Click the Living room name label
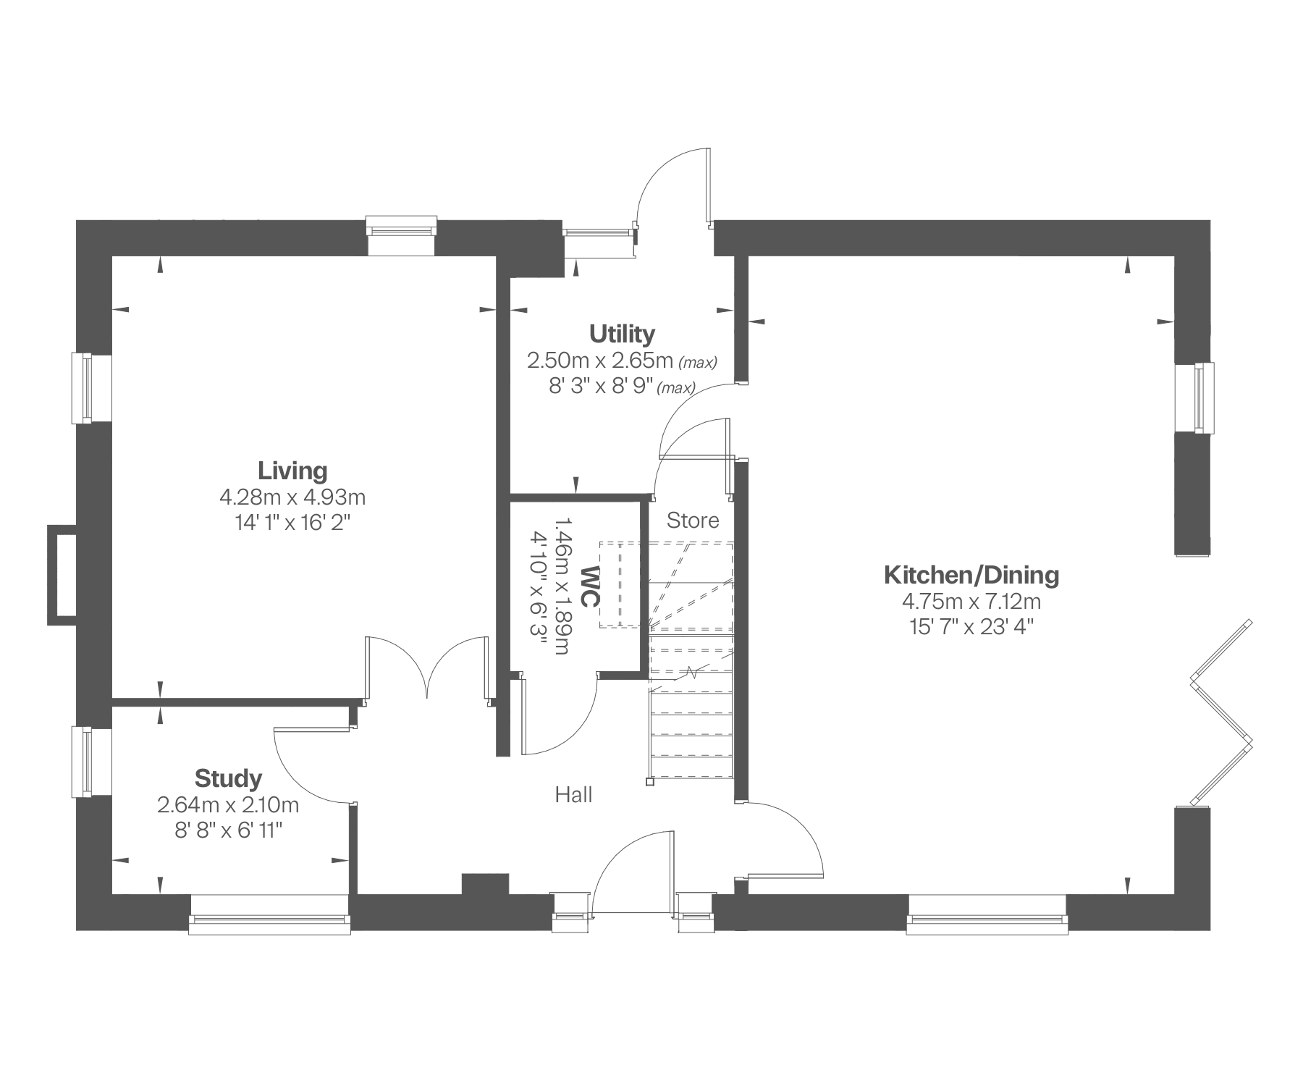coord(292,471)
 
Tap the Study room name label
coord(228,779)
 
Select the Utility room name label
coord(622,334)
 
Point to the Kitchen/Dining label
coord(971,576)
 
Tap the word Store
coord(693,521)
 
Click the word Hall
coord(573,795)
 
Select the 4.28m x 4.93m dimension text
coord(292,497)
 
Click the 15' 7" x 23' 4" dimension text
coord(971,627)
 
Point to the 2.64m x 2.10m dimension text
coord(228,805)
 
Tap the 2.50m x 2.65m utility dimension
coord(601,360)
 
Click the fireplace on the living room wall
coord(62,575)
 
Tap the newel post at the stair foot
coord(649,782)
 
